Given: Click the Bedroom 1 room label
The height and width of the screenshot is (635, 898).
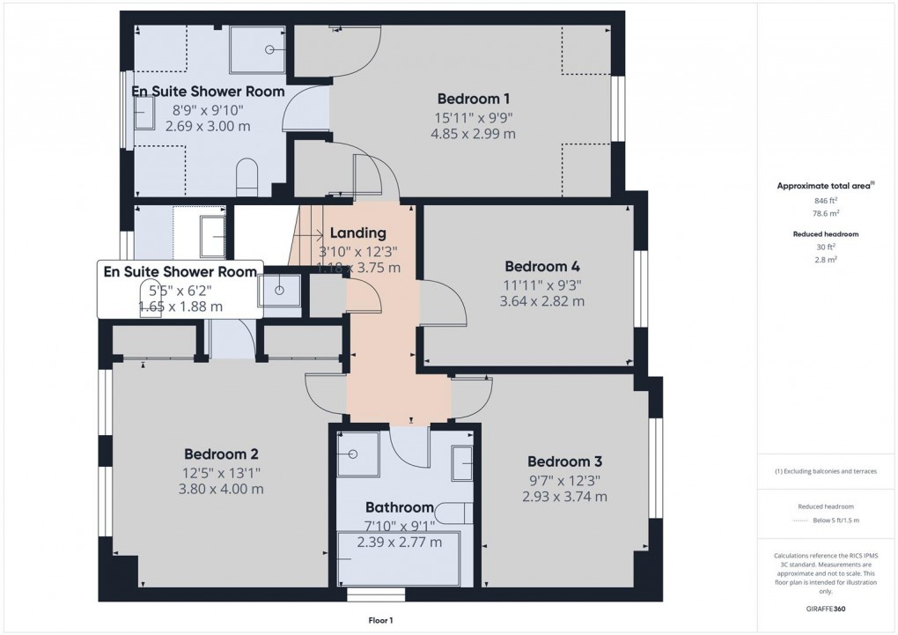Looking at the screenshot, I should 473,99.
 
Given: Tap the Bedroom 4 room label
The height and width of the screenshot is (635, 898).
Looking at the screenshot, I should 542,266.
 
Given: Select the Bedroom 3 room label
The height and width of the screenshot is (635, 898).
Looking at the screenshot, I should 564,461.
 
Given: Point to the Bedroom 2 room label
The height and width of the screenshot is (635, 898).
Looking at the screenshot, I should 221,454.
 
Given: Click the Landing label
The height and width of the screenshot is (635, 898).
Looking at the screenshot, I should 358,233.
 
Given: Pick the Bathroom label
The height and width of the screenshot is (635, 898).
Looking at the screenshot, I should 399,507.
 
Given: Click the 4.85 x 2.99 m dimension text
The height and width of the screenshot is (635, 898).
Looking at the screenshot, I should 473,134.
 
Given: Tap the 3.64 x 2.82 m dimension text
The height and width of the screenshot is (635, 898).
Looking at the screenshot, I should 542,301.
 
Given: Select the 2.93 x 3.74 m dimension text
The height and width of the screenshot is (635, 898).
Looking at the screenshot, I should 564,497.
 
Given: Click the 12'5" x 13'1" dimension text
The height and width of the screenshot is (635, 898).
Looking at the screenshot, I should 221,472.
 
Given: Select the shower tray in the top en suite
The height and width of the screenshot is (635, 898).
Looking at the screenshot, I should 258,49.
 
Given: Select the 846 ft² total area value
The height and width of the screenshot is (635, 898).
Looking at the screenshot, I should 826,201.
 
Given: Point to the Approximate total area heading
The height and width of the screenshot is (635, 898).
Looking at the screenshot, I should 825,186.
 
